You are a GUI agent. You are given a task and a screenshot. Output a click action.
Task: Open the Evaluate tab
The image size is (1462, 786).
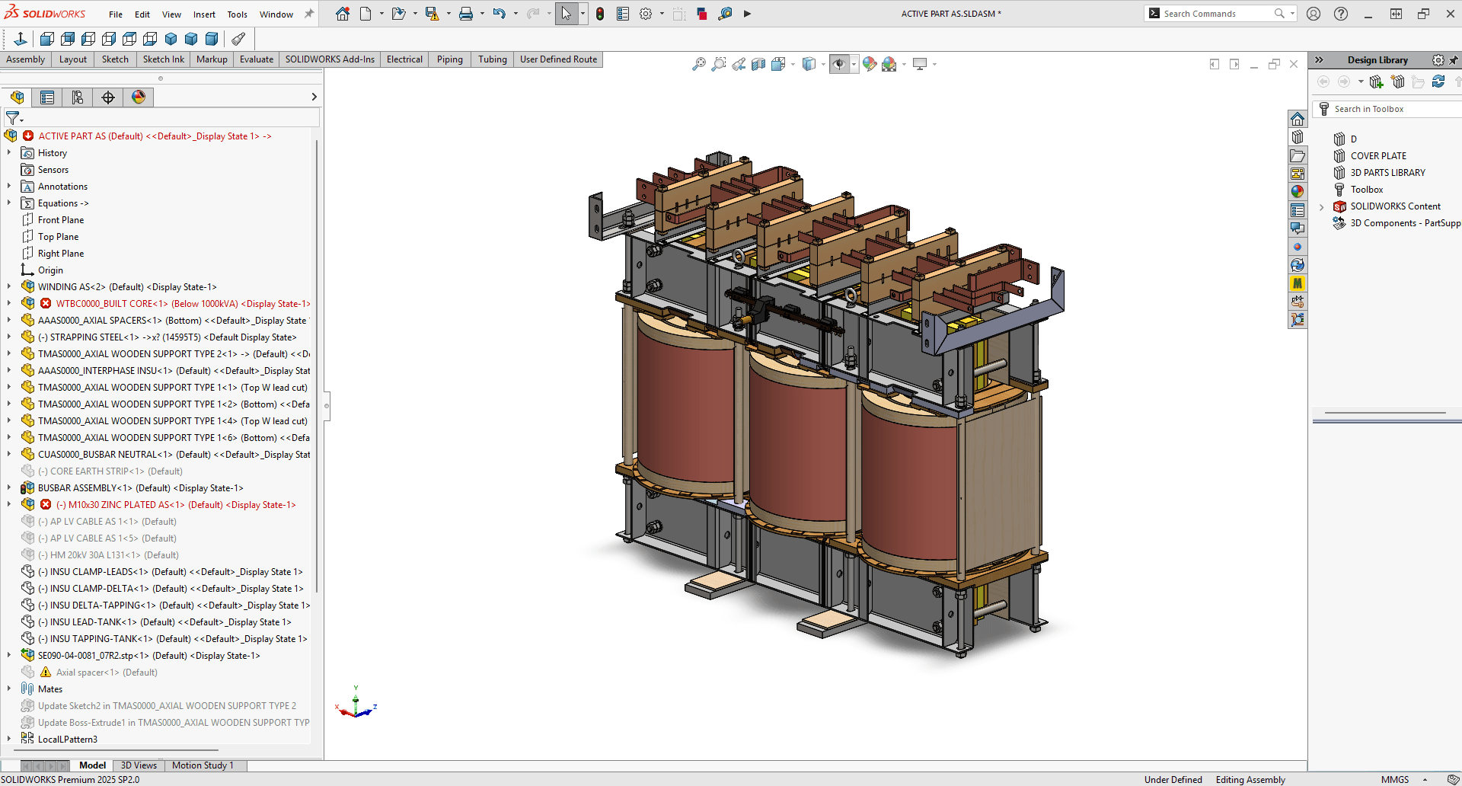(257, 59)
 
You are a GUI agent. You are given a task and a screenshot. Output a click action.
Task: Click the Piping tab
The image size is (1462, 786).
(449, 59)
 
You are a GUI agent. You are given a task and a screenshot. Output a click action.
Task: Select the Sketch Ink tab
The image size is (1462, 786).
(163, 59)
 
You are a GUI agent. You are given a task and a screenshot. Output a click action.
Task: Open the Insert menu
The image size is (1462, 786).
(203, 14)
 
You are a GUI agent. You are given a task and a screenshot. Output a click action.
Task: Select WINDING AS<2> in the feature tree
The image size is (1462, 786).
(126, 287)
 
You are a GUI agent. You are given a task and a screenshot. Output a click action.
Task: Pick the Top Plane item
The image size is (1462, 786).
(58, 237)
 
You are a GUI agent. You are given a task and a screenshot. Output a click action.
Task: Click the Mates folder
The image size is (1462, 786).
(50, 689)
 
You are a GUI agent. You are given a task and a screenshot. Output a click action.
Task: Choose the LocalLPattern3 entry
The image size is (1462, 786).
(67, 740)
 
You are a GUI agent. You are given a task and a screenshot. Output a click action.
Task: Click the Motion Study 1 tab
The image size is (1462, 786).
(202, 765)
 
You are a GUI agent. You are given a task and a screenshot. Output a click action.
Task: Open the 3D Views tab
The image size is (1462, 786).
(139, 765)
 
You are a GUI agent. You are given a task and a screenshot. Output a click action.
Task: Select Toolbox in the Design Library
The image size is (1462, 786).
(1366, 190)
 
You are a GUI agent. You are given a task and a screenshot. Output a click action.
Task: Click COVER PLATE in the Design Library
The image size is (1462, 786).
(1377, 156)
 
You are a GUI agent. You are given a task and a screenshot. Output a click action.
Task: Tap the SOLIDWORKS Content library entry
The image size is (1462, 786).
(1395, 206)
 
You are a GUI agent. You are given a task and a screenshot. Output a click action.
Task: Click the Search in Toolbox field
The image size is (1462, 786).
(1386, 109)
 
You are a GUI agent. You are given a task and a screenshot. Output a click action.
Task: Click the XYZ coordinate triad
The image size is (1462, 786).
(356, 705)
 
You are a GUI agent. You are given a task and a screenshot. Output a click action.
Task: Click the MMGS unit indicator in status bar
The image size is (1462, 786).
(1394, 779)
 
